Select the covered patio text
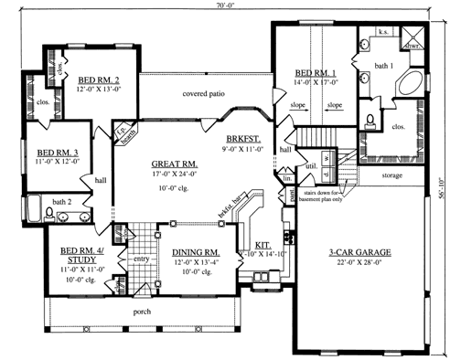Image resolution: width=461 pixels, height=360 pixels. click(205, 93)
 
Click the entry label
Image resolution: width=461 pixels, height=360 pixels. click(141, 259)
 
